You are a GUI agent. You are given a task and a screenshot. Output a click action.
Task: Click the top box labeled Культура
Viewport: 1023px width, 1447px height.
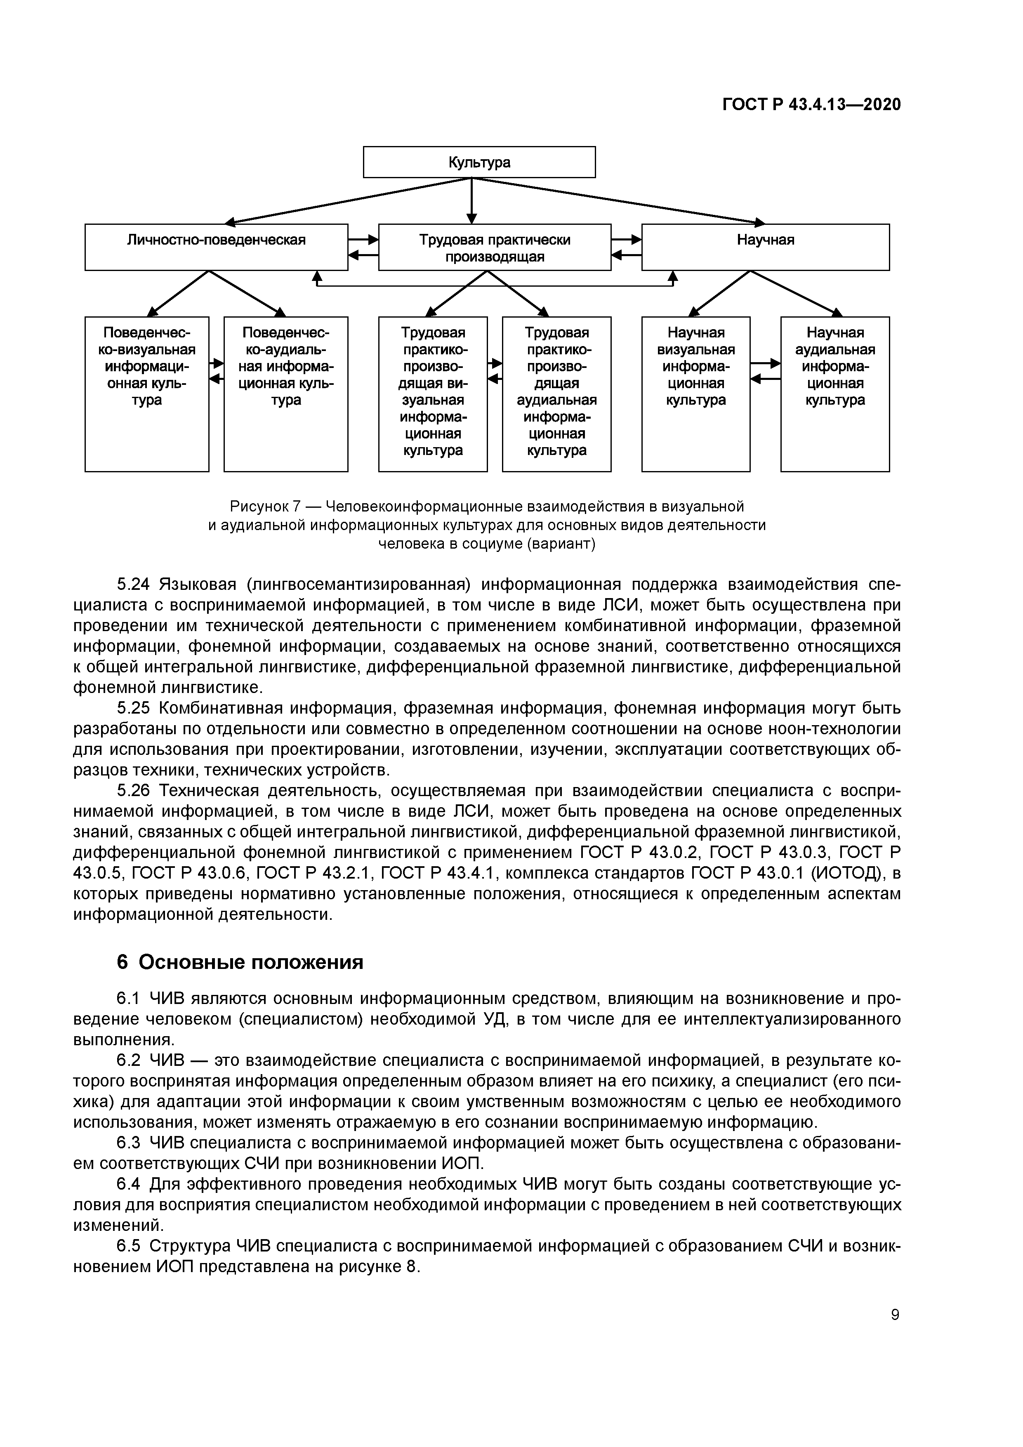[x=479, y=162]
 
